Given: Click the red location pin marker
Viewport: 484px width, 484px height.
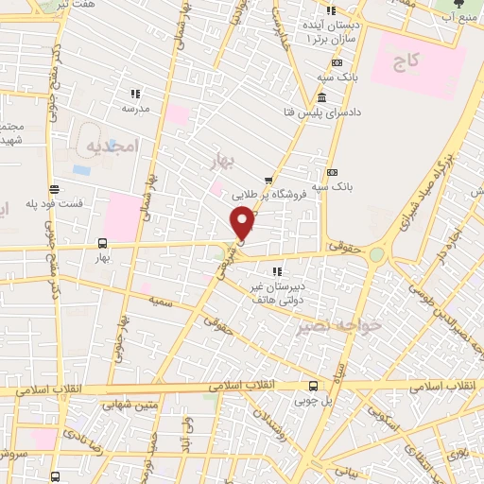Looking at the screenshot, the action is point(242,223).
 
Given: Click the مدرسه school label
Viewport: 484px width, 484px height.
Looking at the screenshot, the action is point(135,108).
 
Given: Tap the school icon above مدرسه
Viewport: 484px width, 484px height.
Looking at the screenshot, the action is point(135,94).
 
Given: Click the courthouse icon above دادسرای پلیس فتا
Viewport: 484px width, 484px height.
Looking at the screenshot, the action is point(322,98).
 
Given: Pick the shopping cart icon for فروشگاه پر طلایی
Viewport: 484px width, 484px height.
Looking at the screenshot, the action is point(268,180).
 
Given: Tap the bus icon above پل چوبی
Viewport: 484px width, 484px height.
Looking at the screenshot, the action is point(314,385).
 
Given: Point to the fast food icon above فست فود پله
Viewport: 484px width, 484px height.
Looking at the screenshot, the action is point(55,189).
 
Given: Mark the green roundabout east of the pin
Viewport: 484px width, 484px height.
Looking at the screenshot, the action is point(378,252).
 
